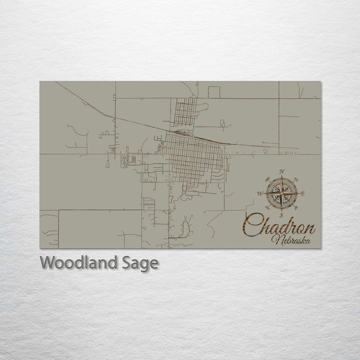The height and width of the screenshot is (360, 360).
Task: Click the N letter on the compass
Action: click(282, 171)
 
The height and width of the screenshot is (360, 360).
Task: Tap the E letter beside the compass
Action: click(304, 193)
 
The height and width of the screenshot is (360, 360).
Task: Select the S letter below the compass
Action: click(282, 215)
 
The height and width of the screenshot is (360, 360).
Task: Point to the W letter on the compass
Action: click(259, 193)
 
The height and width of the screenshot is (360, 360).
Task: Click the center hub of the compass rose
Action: click(282, 193)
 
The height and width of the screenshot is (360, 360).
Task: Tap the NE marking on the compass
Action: click(296, 179)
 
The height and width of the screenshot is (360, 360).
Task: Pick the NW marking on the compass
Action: click(267, 179)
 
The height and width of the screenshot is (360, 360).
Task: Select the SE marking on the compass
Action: click(296, 207)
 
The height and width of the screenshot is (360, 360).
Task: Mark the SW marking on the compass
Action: click(267, 207)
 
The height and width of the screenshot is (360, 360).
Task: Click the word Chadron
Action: click(280, 227)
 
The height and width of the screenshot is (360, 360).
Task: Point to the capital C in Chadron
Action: click(253, 226)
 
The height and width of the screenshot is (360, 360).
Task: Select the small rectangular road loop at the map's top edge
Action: click(214, 91)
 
